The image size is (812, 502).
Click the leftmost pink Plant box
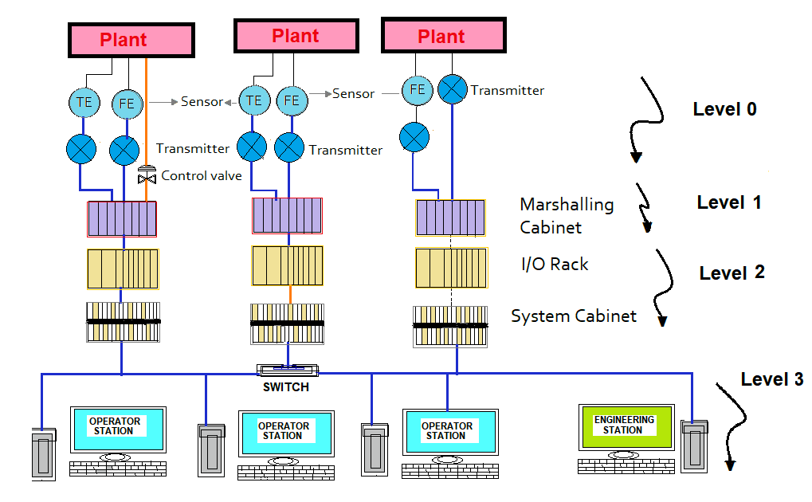[131, 40]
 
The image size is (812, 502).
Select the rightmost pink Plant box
[443, 37]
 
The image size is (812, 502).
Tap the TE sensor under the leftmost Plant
[84, 102]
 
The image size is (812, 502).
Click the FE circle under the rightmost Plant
[417, 90]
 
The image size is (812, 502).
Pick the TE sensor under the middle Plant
[253, 100]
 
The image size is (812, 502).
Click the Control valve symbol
[147, 175]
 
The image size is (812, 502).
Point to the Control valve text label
[201, 175]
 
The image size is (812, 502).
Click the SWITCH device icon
[287, 371]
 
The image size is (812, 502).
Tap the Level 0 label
[724, 109]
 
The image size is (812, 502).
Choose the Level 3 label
[771, 379]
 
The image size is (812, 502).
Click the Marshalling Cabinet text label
[567, 216]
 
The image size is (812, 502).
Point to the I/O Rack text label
[554, 264]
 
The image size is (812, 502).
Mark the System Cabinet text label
[574, 316]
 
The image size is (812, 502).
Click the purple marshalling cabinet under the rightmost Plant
[450, 218]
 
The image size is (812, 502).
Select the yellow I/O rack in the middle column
[287, 266]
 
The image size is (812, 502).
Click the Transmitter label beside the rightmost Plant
[507, 90]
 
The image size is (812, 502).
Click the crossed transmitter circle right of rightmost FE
[453, 90]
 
